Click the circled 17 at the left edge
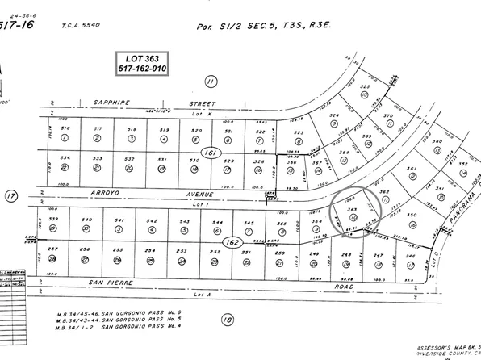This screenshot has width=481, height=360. [x=10, y=195]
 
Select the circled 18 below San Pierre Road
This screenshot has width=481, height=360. [x=228, y=321]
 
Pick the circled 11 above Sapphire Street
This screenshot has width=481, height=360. [x=211, y=81]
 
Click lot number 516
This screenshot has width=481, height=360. [x=66, y=129]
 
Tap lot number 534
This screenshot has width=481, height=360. [x=66, y=159]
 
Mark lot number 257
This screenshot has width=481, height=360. [x=53, y=250]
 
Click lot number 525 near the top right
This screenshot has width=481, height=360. [x=365, y=86]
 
